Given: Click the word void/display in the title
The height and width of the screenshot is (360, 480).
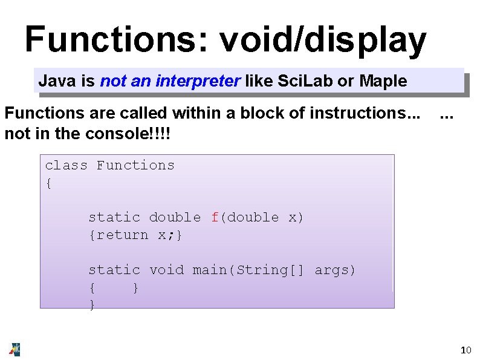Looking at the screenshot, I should pos(322,41).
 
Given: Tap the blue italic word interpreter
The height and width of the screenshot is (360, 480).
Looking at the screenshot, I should pos(199,81).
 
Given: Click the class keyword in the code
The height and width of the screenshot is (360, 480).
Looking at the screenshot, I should pos(66,165).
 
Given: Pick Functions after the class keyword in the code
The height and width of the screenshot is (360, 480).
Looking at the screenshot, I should pos(135,165).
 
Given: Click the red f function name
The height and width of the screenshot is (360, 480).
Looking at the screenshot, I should pos(215,217).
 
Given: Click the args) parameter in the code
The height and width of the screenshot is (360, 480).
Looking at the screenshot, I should pos(335,270).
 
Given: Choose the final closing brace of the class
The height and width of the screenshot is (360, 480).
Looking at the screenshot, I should pos(92,305).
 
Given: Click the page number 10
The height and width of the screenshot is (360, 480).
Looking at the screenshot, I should pos(465,350).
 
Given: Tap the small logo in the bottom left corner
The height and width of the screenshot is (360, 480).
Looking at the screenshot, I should pos(15,349).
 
